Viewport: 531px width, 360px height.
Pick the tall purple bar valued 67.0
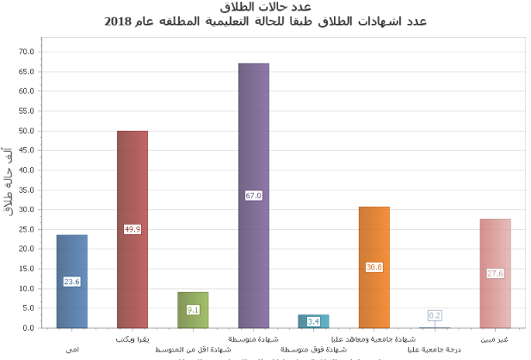(253, 138)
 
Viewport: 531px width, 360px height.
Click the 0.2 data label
(435, 315)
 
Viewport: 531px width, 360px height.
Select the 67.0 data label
(253, 195)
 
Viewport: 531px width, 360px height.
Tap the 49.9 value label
(132, 229)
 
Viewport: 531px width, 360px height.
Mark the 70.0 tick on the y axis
(26, 52)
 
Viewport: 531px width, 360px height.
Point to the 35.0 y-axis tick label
(26, 190)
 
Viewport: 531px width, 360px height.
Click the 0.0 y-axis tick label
(28, 328)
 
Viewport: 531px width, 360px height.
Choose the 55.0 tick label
(26, 111)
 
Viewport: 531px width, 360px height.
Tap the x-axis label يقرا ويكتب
(133, 339)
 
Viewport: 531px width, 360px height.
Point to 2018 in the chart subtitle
(117, 22)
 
